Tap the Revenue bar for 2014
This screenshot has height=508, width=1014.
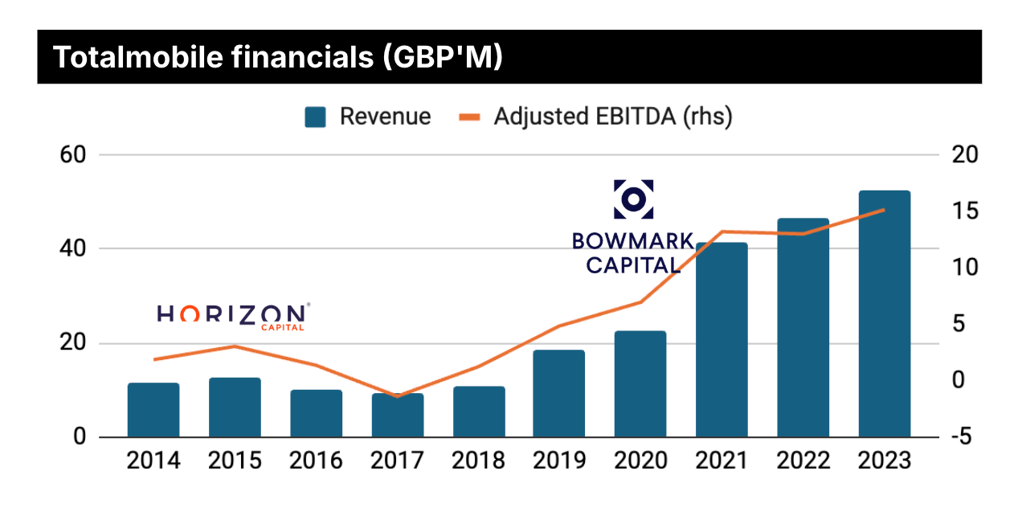[153, 410]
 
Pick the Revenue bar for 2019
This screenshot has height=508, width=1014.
[559, 394]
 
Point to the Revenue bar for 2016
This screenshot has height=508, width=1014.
[316, 413]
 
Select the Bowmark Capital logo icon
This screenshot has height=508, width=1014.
[633, 199]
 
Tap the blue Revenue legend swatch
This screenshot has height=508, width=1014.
[315, 117]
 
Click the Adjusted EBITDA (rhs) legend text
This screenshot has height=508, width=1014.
[613, 117]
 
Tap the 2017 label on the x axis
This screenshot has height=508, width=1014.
[397, 461]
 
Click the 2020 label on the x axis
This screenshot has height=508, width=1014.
[640, 461]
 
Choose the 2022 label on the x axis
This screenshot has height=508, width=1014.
[803, 461]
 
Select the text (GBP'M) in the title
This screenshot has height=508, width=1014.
[440, 57]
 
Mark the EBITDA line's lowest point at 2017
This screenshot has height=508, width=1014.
[397, 396]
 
